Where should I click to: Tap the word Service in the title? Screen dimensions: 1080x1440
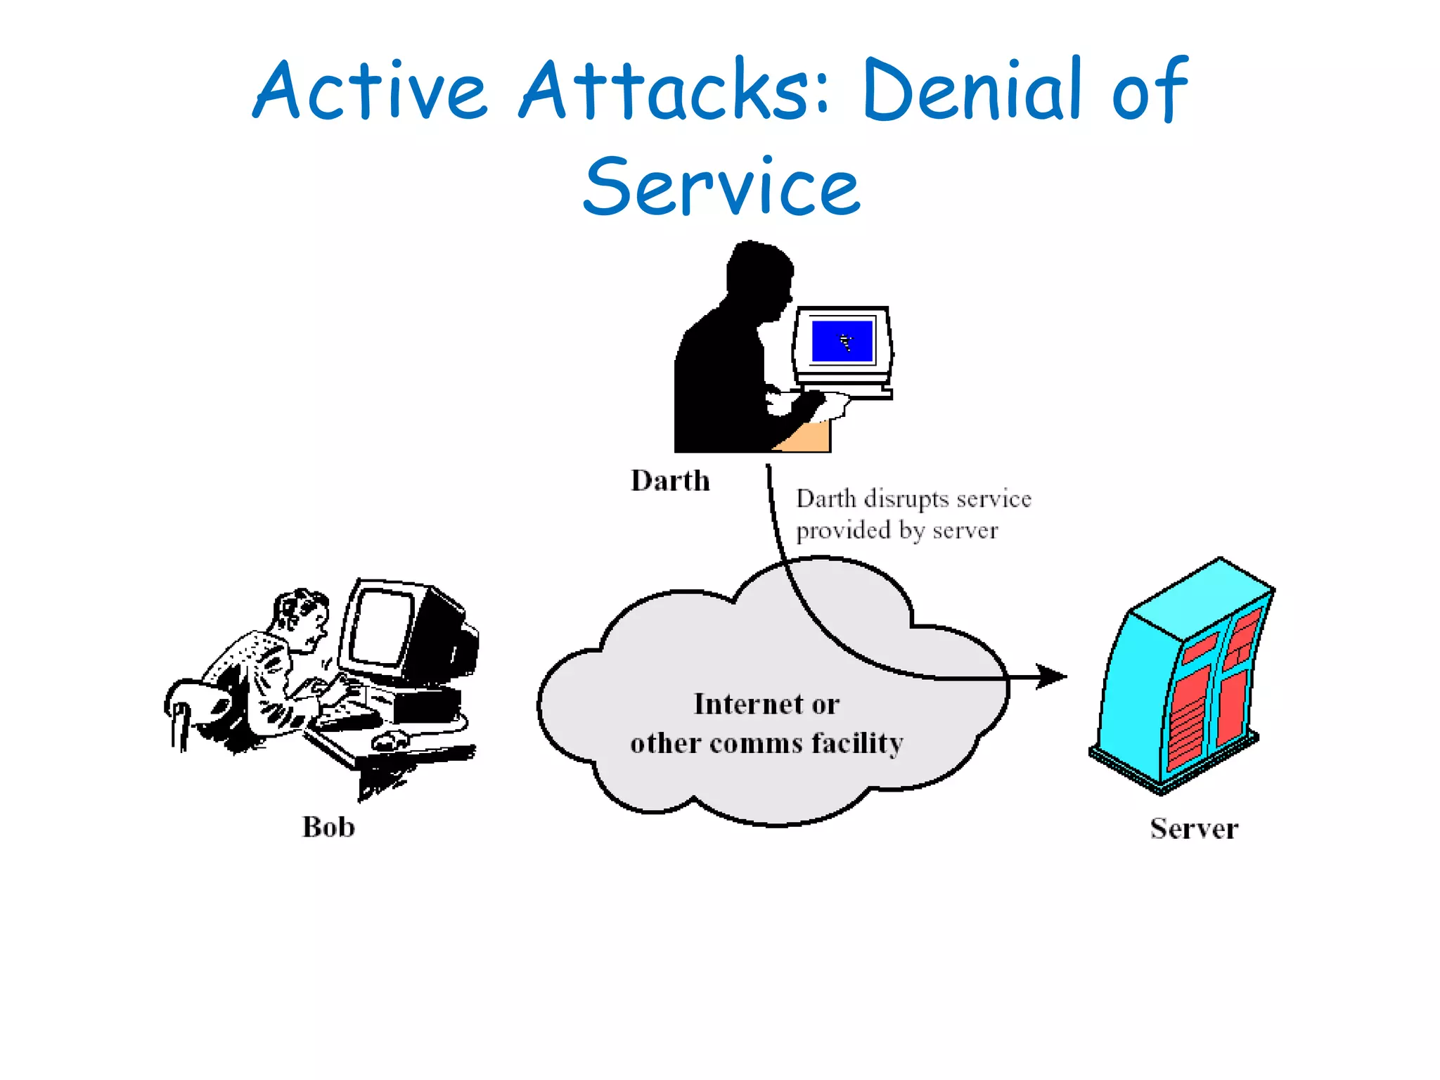(721, 187)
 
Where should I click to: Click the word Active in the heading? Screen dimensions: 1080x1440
(370, 90)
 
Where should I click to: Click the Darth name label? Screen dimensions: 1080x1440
(670, 481)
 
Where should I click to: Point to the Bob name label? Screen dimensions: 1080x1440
(328, 827)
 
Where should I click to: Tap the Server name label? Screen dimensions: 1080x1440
(1193, 828)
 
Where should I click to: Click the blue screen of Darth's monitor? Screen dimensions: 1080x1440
(842, 341)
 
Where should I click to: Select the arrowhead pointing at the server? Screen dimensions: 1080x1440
(1052, 676)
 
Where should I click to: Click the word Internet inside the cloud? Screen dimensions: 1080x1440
(747, 704)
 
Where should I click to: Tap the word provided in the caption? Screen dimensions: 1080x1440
(842, 530)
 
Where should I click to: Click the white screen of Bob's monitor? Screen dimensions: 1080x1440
(380, 626)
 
